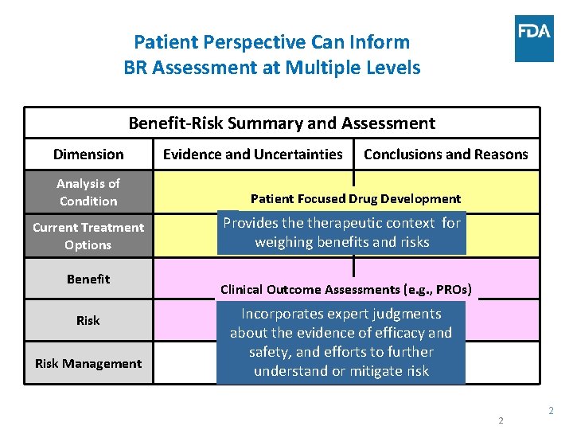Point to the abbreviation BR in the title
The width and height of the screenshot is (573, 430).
tap(138, 68)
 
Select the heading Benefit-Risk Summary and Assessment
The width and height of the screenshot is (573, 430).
tap(282, 123)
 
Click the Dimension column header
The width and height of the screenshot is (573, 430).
tap(88, 154)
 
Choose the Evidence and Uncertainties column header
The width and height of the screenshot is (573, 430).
tap(253, 154)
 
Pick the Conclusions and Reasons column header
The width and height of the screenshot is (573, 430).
tap(446, 154)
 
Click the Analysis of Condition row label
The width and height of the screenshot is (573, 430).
tap(88, 192)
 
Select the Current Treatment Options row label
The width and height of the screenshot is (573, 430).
tap(88, 236)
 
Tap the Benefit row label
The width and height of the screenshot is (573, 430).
tap(88, 279)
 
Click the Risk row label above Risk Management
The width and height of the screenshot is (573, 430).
tap(88, 320)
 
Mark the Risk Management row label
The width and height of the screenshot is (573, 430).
tap(88, 364)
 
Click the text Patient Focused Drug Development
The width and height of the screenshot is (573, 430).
tap(356, 199)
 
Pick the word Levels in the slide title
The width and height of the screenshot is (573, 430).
tap(393, 68)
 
